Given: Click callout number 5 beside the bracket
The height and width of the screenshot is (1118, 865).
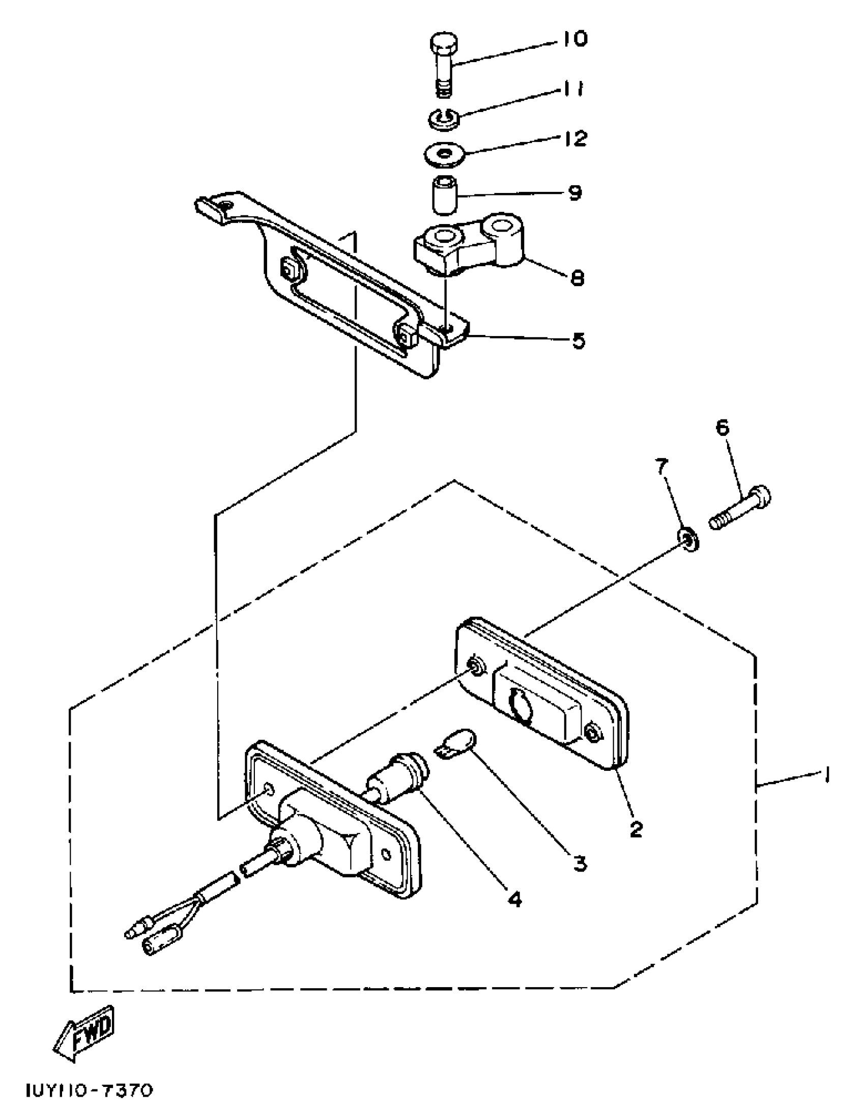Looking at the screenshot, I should point(578,341).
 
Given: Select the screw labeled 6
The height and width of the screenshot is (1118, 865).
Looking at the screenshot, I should point(740,508).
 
